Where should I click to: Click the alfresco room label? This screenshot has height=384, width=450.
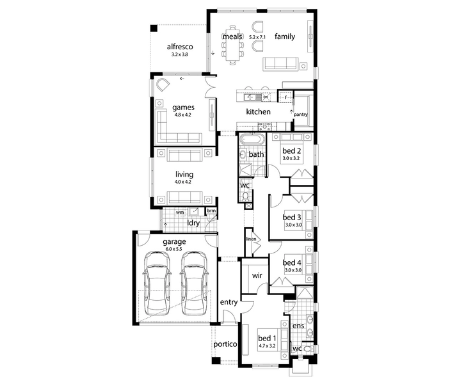pyautogui.click(x=180, y=47)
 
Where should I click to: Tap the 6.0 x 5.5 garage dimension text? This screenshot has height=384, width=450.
pyautogui.click(x=174, y=249)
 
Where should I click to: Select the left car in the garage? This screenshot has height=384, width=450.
pyautogui.click(x=157, y=283)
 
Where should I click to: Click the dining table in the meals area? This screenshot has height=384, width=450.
pyautogui.click(x=232, y=45)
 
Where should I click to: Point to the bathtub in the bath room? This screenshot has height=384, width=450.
pyautogui.click(x=252, y=140)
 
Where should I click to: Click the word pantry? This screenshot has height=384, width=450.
pyautogui.click(x=300, y=114)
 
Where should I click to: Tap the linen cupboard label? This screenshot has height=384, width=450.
pyautogui.click(x=251, y=239)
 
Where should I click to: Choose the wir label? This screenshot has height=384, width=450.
pyautogui.click(x=257, y=275)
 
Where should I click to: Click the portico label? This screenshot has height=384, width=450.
pyautogui.click(x=225, y=344)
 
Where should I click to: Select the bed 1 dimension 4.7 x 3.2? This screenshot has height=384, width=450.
pyautogui.click(x=267, y=346)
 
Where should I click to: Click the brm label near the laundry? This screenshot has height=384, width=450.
pyautogui.click(x=211, y=211)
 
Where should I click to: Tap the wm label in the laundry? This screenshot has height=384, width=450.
pyautogui.click(x=180, y=212)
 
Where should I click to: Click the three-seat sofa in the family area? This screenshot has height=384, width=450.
pyautogui.click(x=280, y=64)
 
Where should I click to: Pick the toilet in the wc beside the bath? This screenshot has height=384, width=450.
pyautogui.click(x=245, y=196)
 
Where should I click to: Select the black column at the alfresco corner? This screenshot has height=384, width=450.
pyautogui.click(x=154, y=28)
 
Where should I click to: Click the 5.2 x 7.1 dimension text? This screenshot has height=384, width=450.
pyautogui.click(x=257, y=37)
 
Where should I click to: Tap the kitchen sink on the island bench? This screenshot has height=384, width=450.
pyautogui.click(x=250, y=98)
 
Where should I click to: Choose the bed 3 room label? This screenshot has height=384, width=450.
pyautogui.click(x=292, y=217)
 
